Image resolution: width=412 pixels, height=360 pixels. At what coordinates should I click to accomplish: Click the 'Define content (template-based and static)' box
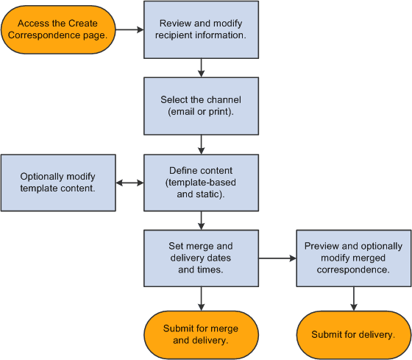click(x=202, y=182)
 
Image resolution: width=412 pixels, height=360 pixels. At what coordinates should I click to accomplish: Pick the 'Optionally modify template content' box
click(x=58, y=182)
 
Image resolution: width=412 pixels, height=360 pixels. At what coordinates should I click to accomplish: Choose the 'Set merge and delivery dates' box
click(x=202, y=258)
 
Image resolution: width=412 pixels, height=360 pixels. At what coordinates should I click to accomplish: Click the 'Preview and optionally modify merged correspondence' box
click(x=353, y=258)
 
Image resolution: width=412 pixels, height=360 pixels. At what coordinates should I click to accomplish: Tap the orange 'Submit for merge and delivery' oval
click(x=202, y=333)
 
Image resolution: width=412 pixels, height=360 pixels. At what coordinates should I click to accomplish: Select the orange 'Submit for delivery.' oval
click(x=353, y=333)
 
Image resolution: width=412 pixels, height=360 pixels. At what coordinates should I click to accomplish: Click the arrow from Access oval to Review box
click(x=129, y=30)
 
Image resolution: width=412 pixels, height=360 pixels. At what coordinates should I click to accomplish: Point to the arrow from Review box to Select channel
click(x=202, y=68)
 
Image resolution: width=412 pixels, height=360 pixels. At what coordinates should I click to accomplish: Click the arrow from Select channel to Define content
click(x=202, y=144)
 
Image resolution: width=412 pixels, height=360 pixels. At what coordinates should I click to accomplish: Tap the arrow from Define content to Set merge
click(x=202, y=219)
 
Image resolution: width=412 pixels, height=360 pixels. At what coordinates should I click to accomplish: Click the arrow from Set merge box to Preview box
click(x=277, y=258)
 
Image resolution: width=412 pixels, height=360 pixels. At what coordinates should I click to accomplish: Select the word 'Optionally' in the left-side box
click(x=42, y=177)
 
